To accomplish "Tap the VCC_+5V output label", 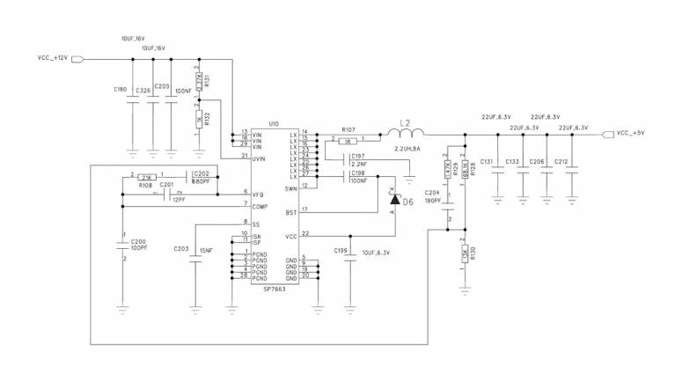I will coord(630,134).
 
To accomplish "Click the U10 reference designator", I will coord(274,124).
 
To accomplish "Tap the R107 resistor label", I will coord(348,130).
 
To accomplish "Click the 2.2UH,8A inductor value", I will coord(407,150).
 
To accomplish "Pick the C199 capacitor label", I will coord(341,252).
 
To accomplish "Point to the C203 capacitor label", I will coord(181,248).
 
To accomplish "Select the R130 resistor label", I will coord(473,256).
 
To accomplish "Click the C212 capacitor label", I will coord(563,162).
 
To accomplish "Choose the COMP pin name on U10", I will coord(260,207).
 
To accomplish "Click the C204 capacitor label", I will coord(431,192).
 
